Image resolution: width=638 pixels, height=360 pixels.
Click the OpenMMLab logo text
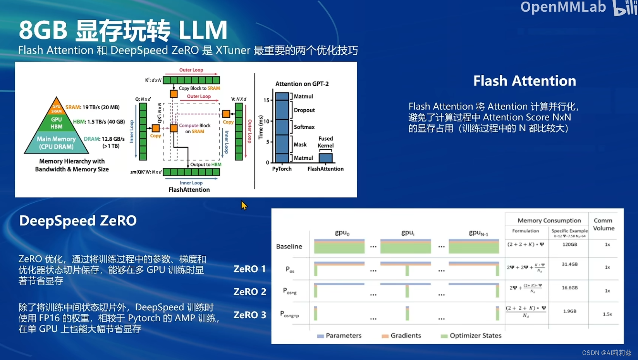click(563, 7)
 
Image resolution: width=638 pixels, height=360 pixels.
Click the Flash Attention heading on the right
click(525, 81)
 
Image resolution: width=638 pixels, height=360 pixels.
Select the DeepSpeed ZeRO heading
click(78, 220)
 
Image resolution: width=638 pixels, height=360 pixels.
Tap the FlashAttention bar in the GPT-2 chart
click(325, 158)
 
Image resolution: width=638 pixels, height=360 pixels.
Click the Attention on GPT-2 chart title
click(302, 84)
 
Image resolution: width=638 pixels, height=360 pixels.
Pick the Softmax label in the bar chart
click(304, 127)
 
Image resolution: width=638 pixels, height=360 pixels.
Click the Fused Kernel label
click(325, 142)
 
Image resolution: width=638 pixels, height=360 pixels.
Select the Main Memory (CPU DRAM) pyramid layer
click(56, 143)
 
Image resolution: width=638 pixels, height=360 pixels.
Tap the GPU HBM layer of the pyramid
click(56, 123)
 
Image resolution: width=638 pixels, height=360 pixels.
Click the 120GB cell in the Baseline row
click(569, 245)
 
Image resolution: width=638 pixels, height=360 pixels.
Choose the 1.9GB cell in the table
click(569, 311)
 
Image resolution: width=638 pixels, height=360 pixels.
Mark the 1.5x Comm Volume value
click(607, 314)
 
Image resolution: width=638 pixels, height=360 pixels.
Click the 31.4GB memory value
click(569, 264)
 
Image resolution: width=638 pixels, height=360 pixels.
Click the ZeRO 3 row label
click(249, 315)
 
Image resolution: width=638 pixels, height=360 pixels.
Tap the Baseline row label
click(289, 246)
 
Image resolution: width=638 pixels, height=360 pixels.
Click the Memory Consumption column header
click(549, 220)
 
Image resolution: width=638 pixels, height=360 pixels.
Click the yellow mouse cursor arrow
click(244, 205)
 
